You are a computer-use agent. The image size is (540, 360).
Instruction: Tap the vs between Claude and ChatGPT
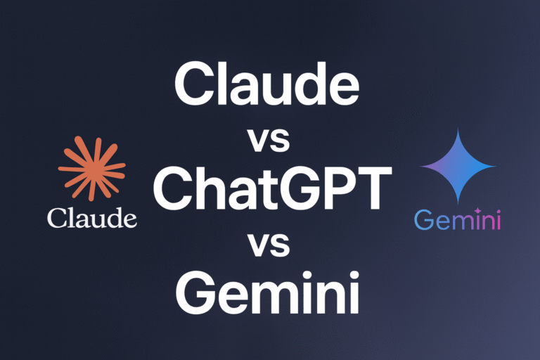269,140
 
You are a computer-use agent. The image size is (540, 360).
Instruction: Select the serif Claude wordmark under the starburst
92,218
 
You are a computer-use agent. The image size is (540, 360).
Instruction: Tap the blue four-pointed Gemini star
458,167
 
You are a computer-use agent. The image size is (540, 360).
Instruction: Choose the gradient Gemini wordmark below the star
458,221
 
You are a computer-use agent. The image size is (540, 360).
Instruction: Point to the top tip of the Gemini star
458,130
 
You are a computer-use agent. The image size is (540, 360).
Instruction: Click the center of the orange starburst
92,169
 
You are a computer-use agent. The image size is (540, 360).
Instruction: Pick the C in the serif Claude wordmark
56,218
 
